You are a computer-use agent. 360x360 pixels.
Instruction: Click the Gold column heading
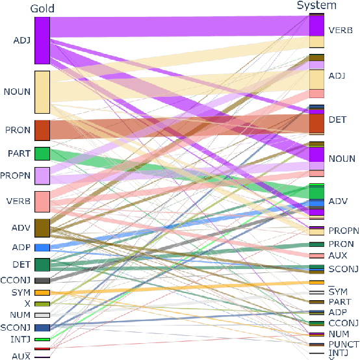coord(42,8)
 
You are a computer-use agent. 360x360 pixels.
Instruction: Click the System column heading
coord(316,6)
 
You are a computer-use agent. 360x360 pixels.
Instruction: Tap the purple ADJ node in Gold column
coord(42,40)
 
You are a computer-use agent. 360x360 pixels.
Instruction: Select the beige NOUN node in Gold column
coord(42,92)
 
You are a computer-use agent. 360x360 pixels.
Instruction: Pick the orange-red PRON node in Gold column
coord(42,130)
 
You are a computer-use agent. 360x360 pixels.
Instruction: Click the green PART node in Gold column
coord(42,153)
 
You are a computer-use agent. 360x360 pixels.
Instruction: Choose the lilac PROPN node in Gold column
coord(42,176)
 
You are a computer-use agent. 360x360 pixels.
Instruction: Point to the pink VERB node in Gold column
coord(42,201)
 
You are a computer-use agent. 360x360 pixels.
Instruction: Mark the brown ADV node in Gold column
coord(42,228)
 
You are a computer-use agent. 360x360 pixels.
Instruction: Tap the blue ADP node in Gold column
coord(42,248)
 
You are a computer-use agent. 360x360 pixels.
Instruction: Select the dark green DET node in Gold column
coord(42,264)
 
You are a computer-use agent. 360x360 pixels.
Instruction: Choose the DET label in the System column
coord(337,120)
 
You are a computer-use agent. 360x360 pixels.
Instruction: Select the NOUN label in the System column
coord(342,159)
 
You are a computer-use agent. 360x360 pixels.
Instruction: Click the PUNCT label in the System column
coord(344,344)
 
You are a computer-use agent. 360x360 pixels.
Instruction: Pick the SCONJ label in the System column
coord(342,268)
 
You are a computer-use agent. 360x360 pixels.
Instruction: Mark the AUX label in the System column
coord(337,255)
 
